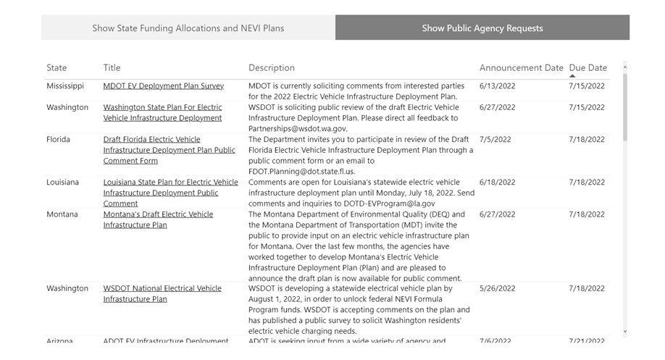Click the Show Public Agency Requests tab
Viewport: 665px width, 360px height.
pos(482,28)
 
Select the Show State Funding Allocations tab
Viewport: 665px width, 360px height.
pos(188,28)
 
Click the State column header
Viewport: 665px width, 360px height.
pos(57,68)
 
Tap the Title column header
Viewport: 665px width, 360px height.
pos(112,68)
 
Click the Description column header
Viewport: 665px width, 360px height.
pos(272,68)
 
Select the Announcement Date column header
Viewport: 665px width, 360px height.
pos(521,68)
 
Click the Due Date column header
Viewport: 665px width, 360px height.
pos(587,68)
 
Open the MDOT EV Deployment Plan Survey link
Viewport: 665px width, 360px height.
pos(163,86)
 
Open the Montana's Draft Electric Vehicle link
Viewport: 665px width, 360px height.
pos(158,214)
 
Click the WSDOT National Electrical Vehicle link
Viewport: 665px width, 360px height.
pos(162,288)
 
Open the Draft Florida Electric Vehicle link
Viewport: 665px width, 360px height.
pos(151,140)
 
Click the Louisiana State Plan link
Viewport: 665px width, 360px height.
pos(170,183)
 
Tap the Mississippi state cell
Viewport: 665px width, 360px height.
pos(65,86)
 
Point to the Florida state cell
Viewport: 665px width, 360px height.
pos(59,140)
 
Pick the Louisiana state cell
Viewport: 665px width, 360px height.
pos(63,183)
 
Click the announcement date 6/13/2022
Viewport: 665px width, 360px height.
pos(497,86)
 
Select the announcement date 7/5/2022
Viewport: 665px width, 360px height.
pos(495,140)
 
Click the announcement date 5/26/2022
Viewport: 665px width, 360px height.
pos(497,288)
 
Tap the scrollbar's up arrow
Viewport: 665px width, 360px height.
pos(625,67)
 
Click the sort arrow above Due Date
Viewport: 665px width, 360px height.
pos(573,76)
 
